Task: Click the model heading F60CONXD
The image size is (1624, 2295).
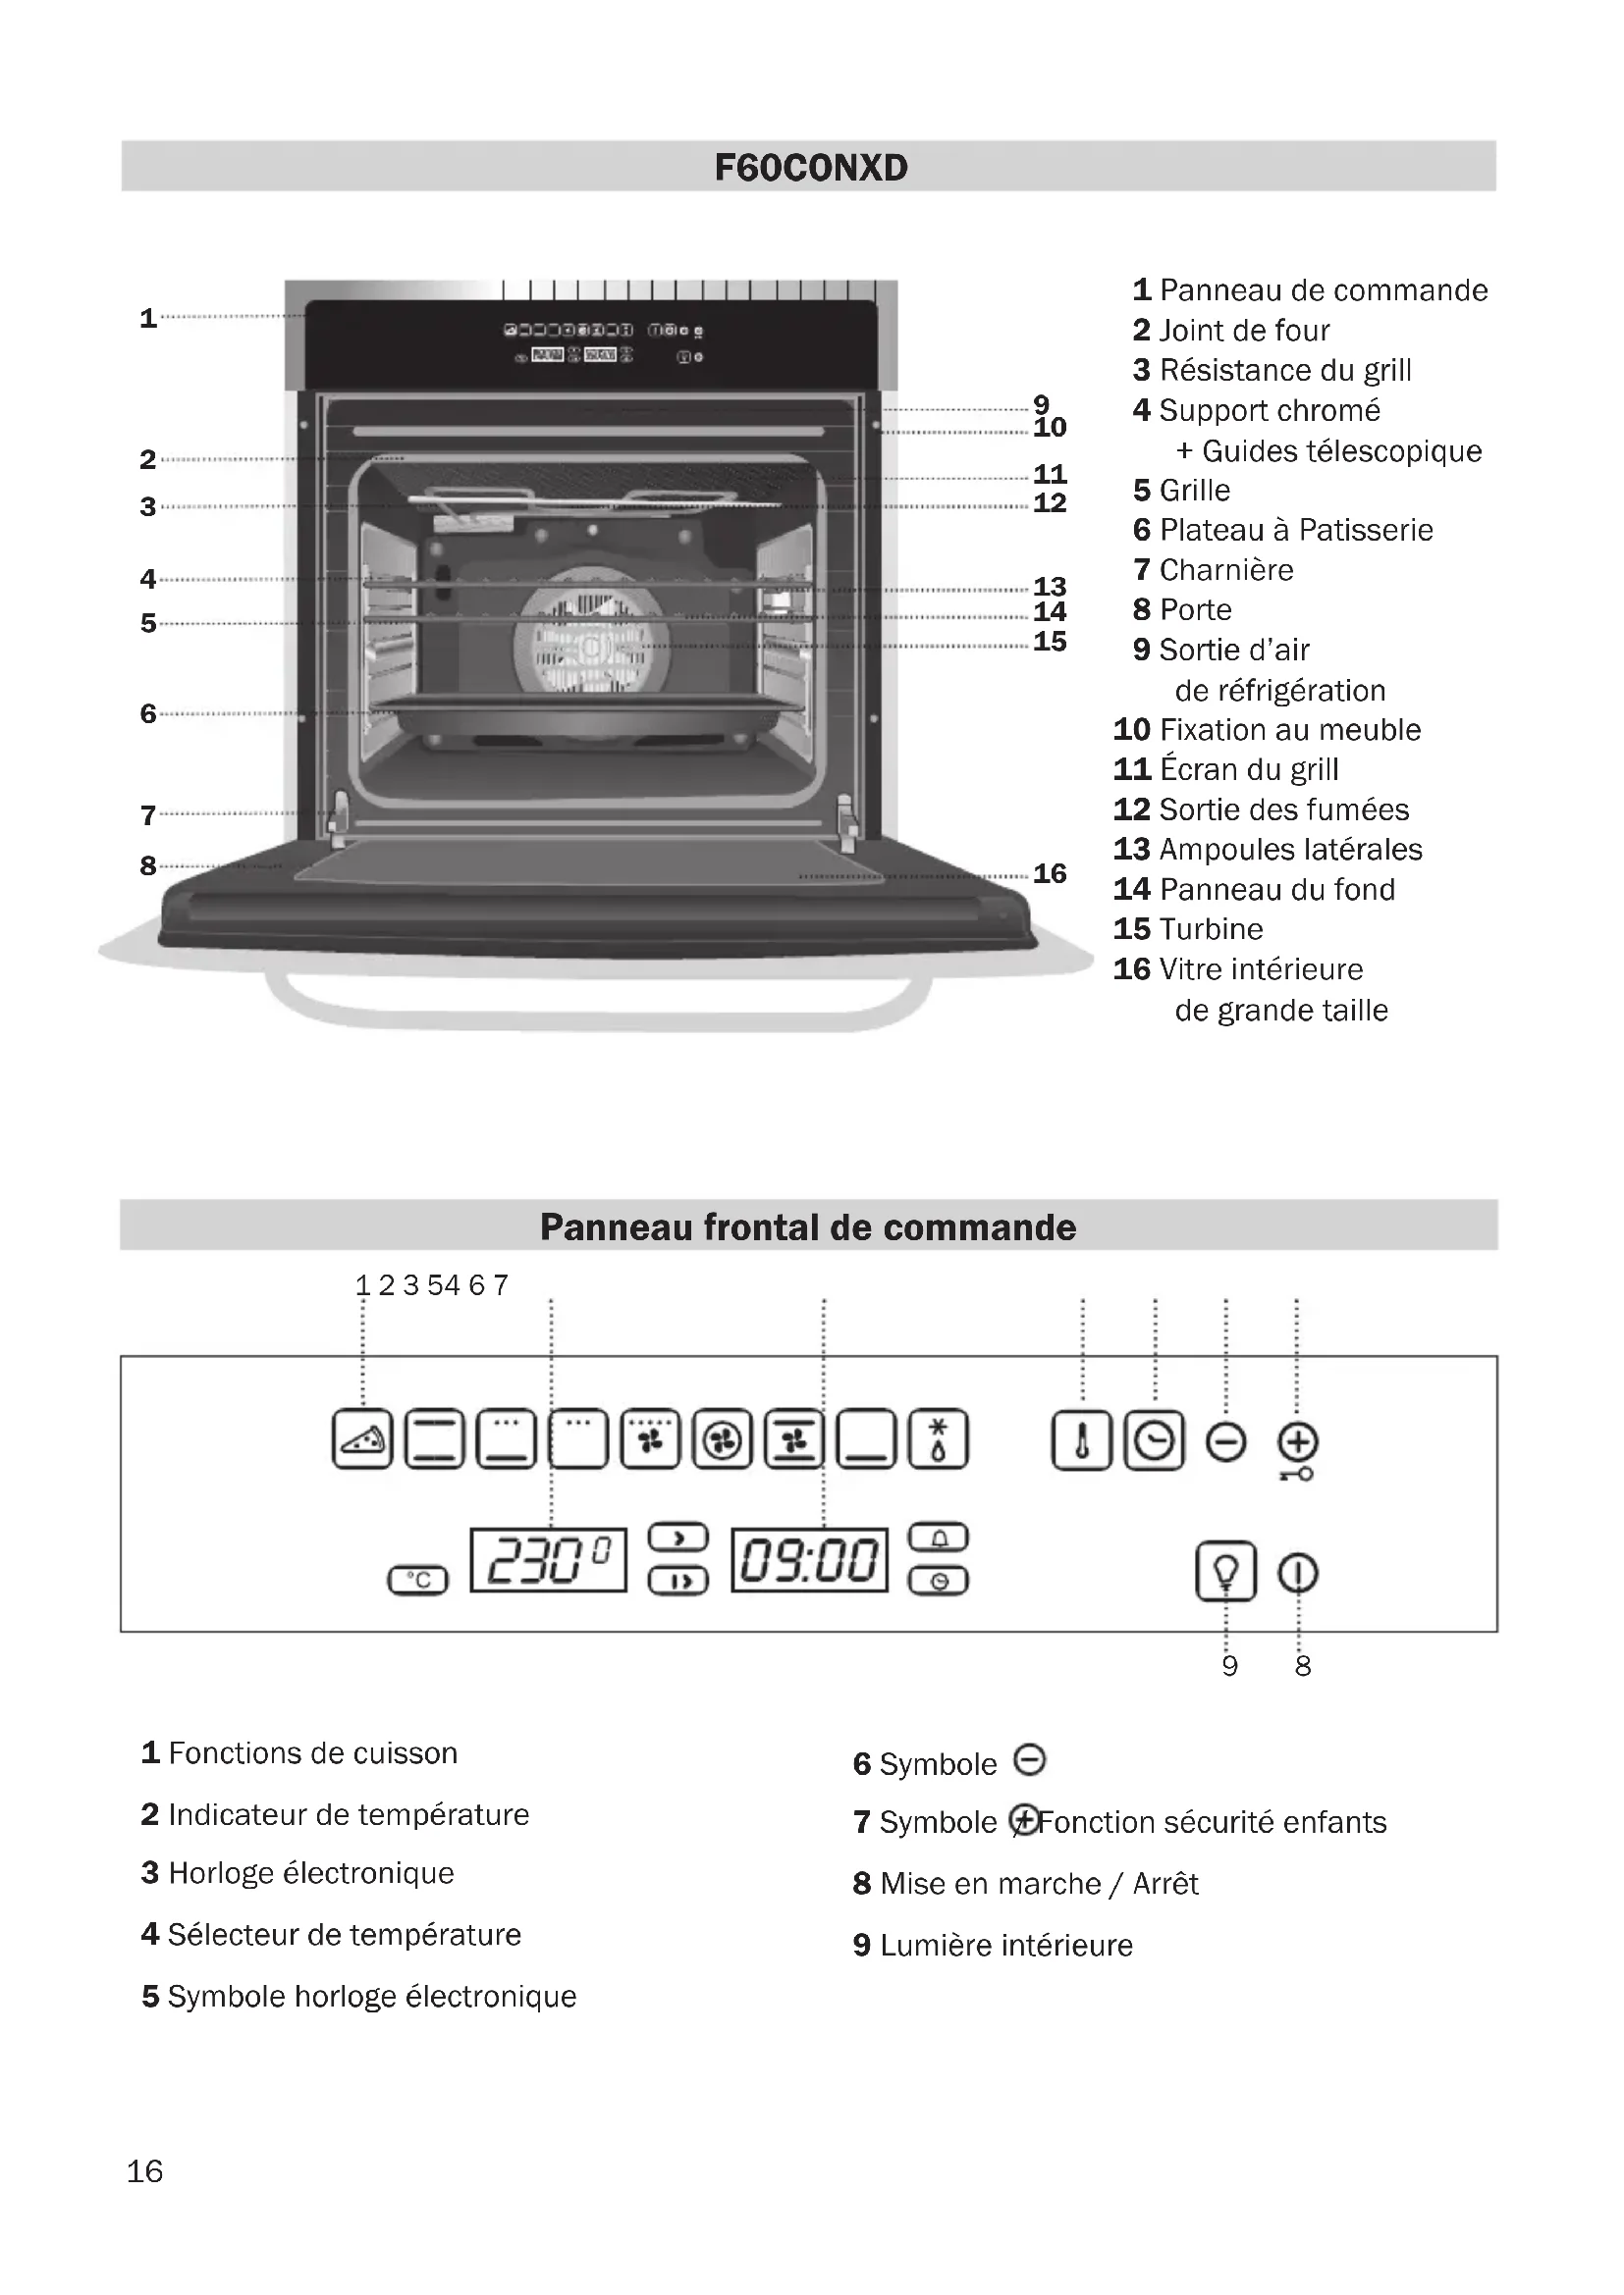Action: point(811,167)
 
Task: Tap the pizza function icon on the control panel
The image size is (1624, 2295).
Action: point(362,1440)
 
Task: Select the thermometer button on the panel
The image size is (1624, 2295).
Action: point(1081,1441)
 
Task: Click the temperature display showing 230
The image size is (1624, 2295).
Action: point(548,1560)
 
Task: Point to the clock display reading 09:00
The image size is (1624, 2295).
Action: point(809,1560)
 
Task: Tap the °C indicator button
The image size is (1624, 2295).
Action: point(418,1580)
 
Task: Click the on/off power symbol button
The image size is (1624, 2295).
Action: point(1298,1573)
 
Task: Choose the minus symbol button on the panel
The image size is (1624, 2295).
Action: point(1226,1442)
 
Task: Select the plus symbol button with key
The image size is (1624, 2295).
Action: point(1298,1443)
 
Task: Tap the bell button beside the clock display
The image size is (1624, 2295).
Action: point(938,1539)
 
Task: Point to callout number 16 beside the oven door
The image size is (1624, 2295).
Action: point(1050,873)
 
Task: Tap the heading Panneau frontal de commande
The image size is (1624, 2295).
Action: point(808,1226)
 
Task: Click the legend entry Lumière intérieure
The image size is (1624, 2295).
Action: point(1006,1944)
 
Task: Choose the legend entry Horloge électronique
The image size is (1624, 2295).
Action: point(310,1872)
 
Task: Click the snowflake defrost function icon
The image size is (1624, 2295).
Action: point(938,1440)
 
